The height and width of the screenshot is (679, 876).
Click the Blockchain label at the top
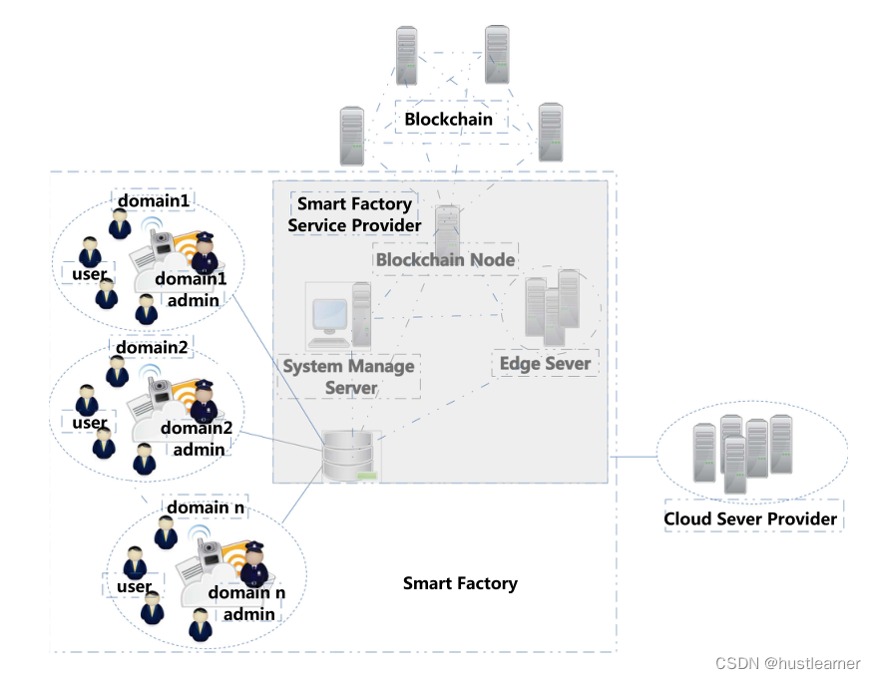coord(448,120)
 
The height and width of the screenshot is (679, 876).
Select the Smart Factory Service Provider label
coord(354,215)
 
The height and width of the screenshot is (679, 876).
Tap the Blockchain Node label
coord(445,260)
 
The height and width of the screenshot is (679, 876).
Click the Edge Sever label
coord(545,364)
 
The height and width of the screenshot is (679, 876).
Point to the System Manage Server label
coord(348,377)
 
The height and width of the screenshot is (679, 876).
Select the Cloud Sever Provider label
coord(750,519)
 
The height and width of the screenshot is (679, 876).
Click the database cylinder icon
coord(351,456)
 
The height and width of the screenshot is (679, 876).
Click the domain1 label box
coord(153,201)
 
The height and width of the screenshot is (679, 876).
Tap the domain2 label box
coord(151,348)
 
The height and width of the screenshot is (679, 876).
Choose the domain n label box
coord(205,508)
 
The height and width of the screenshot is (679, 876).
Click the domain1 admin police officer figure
coord(205,253)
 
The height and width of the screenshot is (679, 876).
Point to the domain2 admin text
coord(198,439)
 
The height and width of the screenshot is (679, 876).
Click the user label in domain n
coord(133,586)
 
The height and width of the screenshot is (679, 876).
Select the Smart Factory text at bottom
coord(460,583)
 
